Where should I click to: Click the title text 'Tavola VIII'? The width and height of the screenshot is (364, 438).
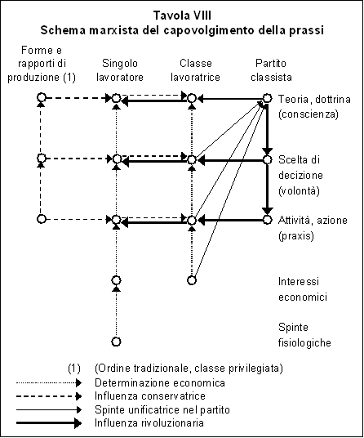click(x=182, y=16)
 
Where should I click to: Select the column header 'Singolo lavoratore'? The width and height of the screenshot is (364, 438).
click(x=120, y=70)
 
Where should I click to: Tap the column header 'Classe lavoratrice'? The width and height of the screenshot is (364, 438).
click(x=195, y=70)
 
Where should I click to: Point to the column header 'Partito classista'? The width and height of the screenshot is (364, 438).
click(x=271, y=70)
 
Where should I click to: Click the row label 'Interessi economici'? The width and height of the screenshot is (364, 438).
click(x=303, y=289)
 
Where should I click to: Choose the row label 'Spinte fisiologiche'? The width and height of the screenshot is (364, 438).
click(x=304, y=335)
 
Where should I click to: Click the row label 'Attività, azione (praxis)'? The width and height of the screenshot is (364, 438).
click(x=313, y=228)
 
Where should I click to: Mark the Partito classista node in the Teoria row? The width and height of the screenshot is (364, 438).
click(x=267, y=98)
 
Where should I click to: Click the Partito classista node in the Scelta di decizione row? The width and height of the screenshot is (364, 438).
click(x=267, y=160)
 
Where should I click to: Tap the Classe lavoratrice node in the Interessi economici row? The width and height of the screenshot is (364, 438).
click(x=192, y=280)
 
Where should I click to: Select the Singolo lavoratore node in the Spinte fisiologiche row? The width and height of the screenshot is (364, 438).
click(x=117, y=342)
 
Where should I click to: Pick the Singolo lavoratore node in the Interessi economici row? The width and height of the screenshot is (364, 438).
click(x=117, y=280)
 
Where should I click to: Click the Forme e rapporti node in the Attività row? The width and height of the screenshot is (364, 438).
click(x=42, y=219)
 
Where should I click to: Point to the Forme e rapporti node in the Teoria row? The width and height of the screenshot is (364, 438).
click(x=42, y=97)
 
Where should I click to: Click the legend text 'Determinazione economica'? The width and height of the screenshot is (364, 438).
click(x=160, y=382)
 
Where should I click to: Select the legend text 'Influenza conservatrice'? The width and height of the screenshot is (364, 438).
click(x=150, y=396)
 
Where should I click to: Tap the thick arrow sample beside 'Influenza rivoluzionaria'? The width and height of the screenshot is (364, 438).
click(x=49, y=423)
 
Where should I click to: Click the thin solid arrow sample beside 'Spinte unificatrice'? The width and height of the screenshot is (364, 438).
click(x=49, y=409)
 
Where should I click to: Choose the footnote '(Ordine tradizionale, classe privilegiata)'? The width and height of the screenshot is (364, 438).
click(x=189, y=369)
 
